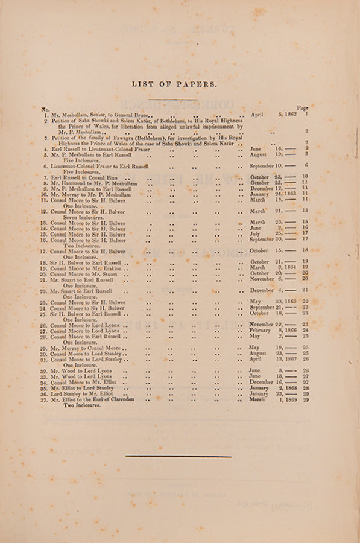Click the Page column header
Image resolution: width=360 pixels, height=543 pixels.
coord(302,107)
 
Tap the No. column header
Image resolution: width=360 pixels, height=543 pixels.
coord(45,110)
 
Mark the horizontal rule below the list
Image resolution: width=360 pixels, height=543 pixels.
coord(178,456)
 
